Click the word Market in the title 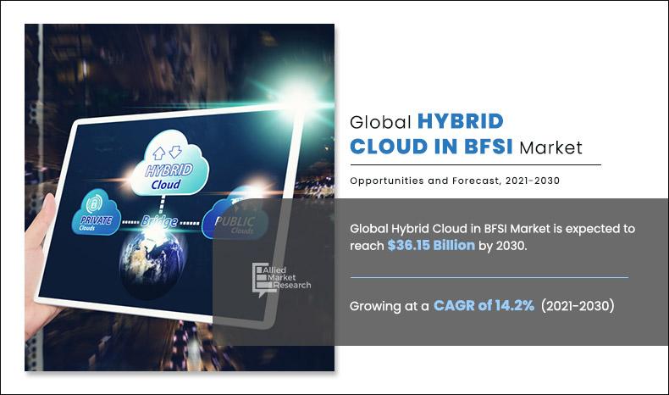pos(551,147)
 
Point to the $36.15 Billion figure pos(436,245)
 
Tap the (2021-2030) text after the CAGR pos(578,306)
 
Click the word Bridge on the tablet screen pos(159,221)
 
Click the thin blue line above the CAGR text pos(489,277)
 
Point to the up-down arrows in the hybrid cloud pos(168,150)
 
